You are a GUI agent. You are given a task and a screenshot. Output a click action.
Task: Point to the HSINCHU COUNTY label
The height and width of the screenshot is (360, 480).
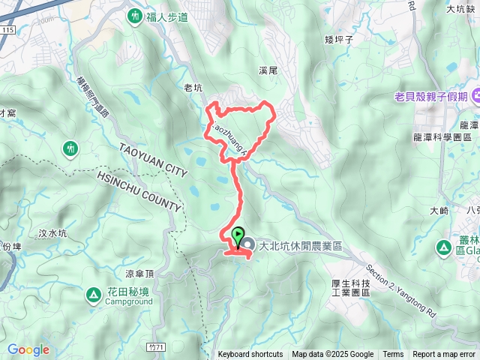click(139, 191)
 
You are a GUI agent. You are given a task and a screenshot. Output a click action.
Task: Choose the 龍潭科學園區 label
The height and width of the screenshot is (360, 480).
click(441, 137)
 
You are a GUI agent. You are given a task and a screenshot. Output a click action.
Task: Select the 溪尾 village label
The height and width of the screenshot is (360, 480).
click(268, 70)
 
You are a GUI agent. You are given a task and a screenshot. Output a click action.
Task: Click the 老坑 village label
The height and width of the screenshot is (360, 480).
click(193, 88)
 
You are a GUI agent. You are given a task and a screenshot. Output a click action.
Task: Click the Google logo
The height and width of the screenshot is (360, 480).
click(28, 350)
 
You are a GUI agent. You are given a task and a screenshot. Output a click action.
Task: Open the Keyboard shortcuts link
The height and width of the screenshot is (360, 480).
click(250, 355)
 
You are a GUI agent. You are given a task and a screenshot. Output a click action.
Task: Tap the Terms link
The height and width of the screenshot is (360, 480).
click(393, 355)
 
